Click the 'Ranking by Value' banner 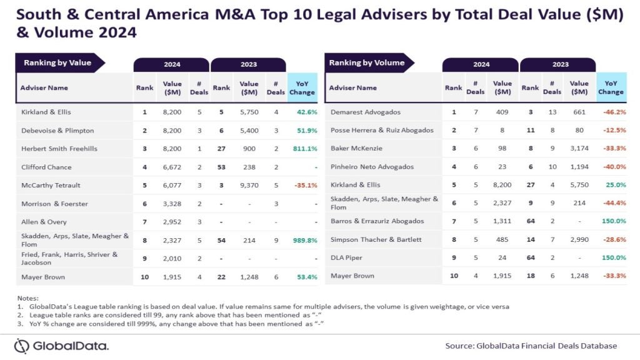pos(57,62)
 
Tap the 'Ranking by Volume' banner pos(367,62)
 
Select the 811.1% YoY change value pos(302,149)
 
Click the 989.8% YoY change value pos(302,240)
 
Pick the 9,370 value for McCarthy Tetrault pos(249,185)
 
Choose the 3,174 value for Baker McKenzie pos(579,149)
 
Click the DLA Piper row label pos(347,257)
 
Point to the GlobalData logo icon pos(22,346)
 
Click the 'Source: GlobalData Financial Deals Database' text pos(531,346)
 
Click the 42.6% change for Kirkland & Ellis pos(304,112)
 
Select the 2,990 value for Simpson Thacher pos(579,240)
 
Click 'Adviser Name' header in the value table pos(44,87)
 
